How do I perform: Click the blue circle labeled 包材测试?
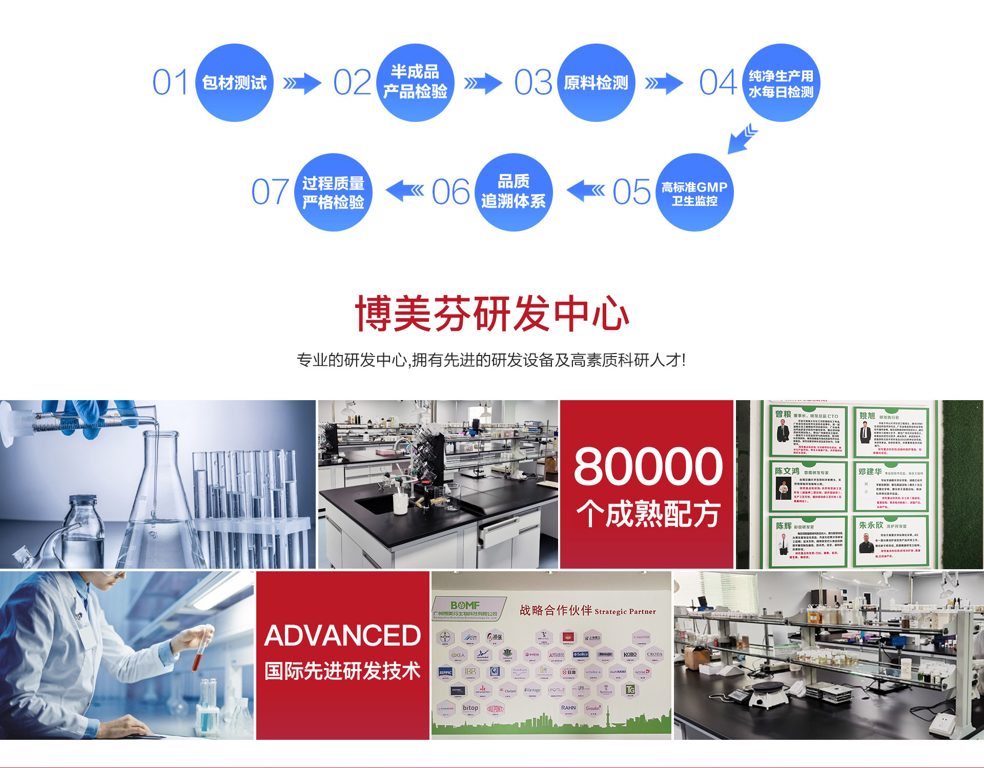(x=234, y=82)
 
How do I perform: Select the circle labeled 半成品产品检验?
(x=415, y=82)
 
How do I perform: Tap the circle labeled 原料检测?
(x=596, y=82)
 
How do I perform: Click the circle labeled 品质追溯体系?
(x=514, y=192)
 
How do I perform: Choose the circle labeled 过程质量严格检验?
(x=333, y=192)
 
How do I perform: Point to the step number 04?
(x=718, y=82)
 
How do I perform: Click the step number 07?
(x=270, y=192)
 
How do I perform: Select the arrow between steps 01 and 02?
(x=302, y=83)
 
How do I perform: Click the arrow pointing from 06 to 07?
(x=405, y=191)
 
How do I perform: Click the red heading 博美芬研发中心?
(x=492, y=314)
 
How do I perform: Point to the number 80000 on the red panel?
(x=648, y=466)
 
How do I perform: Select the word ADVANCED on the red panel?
(x=342, y=636)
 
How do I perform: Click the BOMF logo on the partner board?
(x=465, y=606)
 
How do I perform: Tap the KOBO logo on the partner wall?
(x=630, y=654)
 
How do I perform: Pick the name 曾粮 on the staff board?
(x=783, y=414)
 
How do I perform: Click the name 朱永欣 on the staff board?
(x=871, y=525)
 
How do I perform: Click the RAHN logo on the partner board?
(x=568, y=708)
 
